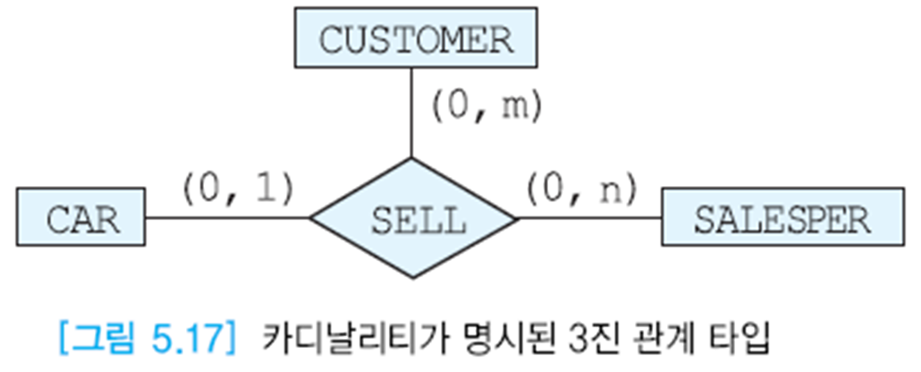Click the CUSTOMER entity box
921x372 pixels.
pos(416,40)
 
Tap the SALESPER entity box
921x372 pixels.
pos(782,218)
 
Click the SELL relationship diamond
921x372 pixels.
pos(413,218)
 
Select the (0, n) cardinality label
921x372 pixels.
pos(580,188)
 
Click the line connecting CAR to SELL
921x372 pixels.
pos(228,217)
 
